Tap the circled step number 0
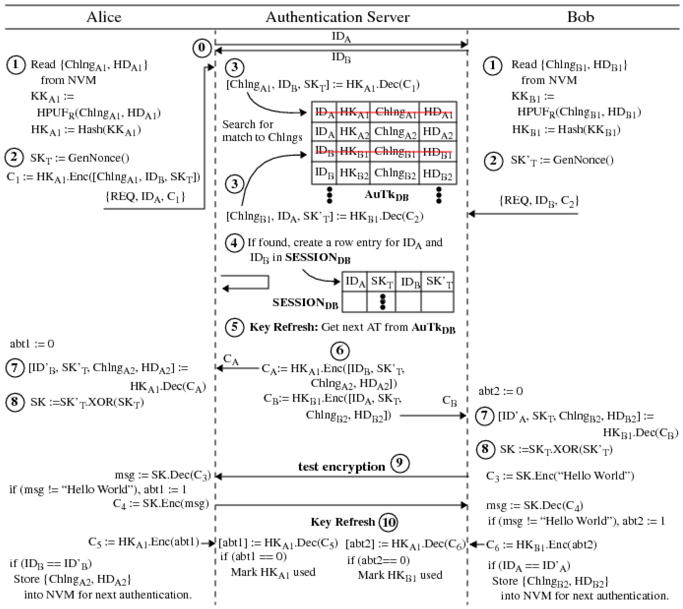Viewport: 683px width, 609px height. point(202,48)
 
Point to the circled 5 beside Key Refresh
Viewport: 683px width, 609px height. point(234,327)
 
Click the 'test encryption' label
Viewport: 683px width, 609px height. point(341,466)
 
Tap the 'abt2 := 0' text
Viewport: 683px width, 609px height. point(500,391)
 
